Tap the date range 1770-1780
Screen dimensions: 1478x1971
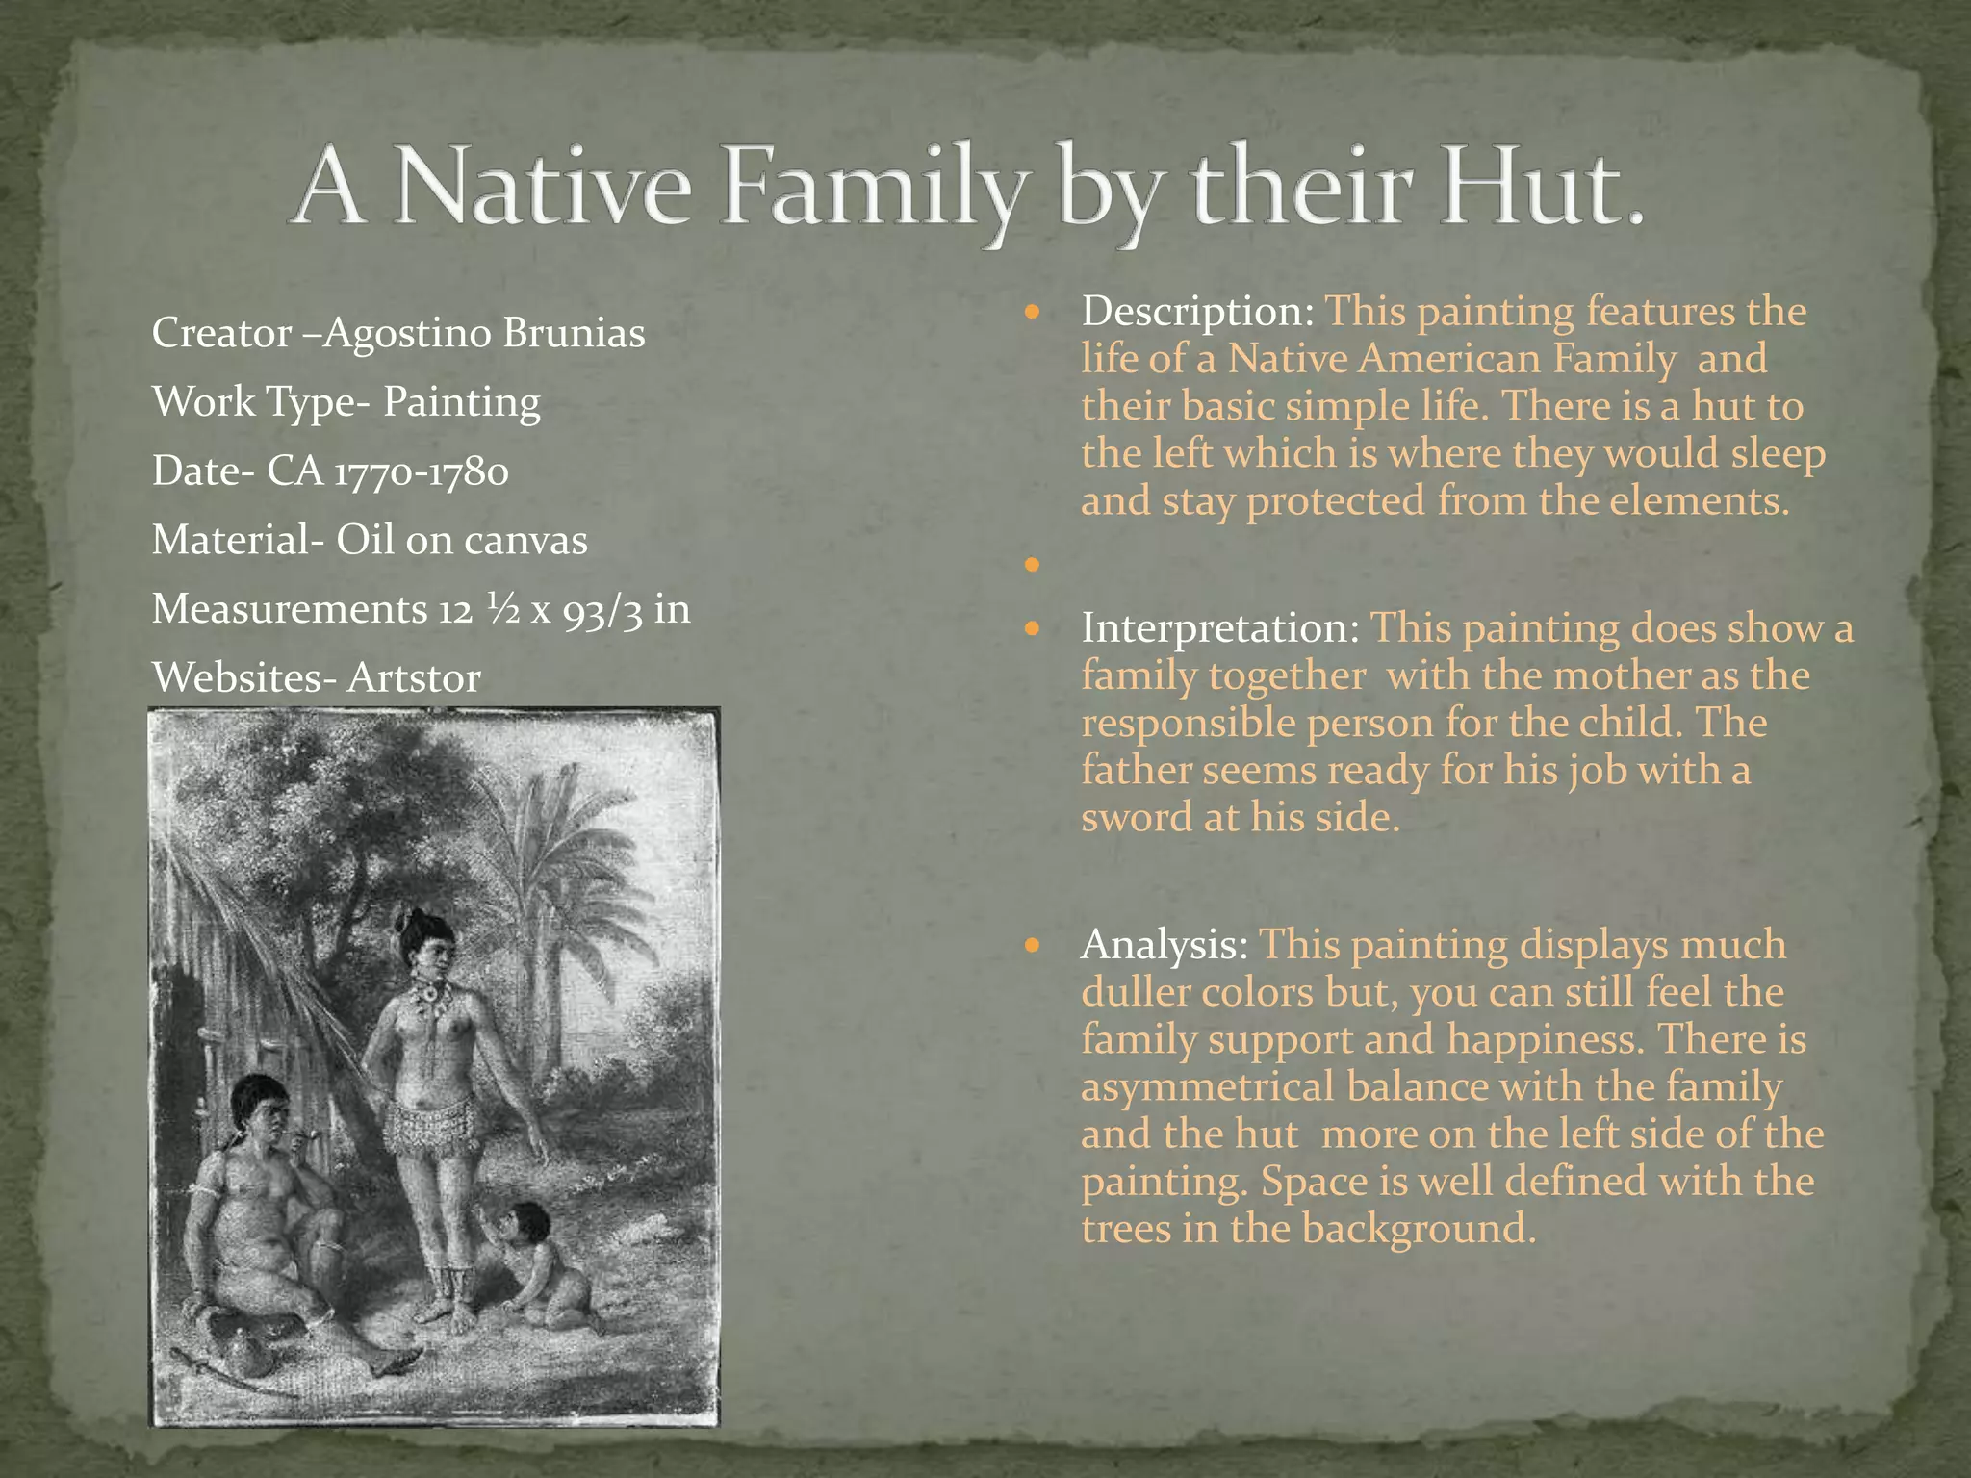(x=420, y=471)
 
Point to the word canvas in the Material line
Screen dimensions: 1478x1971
(x=525, y=540)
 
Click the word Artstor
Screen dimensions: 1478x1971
(x=414, y=678)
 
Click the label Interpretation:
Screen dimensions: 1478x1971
(x=1220, y=628)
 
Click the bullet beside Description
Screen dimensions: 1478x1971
(x=1034, y=313)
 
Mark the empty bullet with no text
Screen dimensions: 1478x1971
(x=1034, y=566)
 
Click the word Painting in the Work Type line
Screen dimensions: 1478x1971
(x=462, y=402)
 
